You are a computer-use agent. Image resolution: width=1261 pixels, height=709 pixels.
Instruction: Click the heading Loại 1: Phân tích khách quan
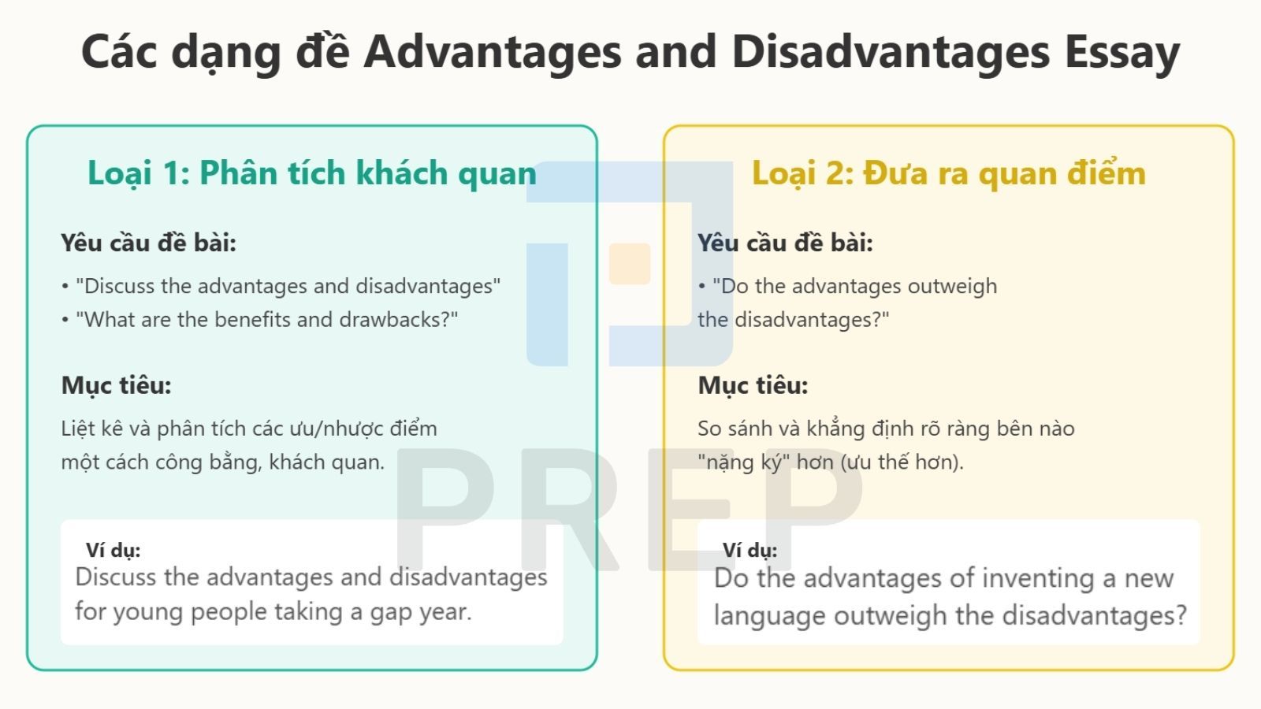click(312, 173)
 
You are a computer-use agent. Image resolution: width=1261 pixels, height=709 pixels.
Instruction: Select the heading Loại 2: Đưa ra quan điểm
click(949, 173)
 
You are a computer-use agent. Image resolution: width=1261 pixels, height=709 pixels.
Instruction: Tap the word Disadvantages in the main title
click(891, 51)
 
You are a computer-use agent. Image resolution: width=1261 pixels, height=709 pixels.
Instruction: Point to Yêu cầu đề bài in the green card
click(149, 243)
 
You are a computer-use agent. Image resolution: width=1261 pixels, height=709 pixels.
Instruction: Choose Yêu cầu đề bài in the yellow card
click(785, 243)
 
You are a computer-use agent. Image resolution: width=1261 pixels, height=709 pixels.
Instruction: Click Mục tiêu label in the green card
click(116, 386)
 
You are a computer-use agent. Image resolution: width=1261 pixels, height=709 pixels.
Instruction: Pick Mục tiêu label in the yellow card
click(753, 386)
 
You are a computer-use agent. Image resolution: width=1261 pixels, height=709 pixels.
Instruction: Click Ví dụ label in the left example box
click(113, 551)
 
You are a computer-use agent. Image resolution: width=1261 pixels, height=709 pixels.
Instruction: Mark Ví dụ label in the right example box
click(750, 551)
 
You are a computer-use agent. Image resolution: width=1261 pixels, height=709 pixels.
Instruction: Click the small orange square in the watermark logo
click(630, 263)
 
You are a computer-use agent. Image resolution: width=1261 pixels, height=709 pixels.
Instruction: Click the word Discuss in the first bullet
click(117, 287)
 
